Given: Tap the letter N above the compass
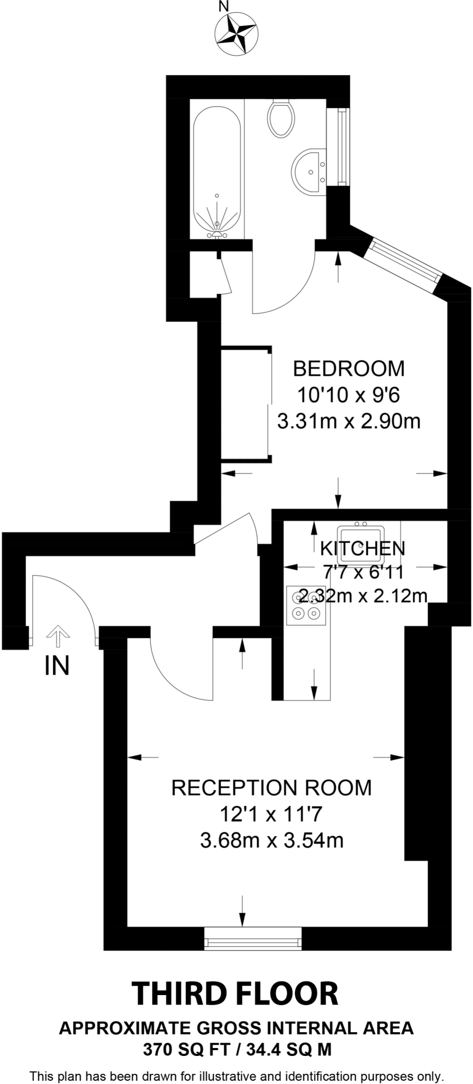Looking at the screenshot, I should coord(224,7).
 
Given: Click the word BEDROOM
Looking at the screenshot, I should coord(349,368).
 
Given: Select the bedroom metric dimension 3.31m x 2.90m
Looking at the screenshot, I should coord(349,422).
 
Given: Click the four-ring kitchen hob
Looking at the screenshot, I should coord(306,606).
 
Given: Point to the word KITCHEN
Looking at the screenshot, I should coord(362,548).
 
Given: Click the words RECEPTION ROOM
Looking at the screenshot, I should coord(271,788).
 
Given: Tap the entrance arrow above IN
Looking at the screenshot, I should coord(57,636).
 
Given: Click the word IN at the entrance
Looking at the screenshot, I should coord(57,666).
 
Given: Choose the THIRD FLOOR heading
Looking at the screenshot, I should coord(235,994).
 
